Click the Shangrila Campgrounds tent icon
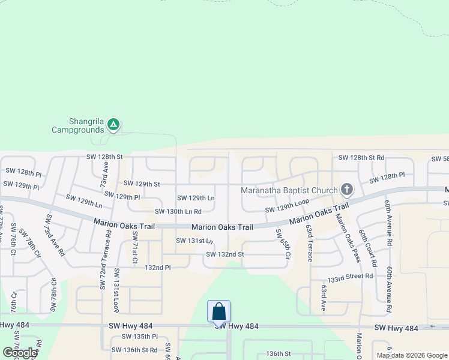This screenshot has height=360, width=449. (x=113, y=125)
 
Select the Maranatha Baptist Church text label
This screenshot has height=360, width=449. (x=289, y=191)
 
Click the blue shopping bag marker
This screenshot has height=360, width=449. (x=218, y=312)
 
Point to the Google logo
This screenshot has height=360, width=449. (x=20, y=353)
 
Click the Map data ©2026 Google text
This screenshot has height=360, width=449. (x=411, y=355)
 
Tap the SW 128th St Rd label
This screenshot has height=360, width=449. (x=361, y=157)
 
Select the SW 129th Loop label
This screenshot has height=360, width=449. (x=287, y=208)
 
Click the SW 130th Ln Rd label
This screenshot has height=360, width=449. (x=178, y=211)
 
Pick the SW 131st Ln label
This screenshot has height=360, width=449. (x=194, y=241)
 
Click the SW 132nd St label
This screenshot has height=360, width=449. (x=224, y=254)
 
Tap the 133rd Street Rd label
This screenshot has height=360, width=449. (x=350, y=277)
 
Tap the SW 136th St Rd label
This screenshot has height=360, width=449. (x=134, y=350)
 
